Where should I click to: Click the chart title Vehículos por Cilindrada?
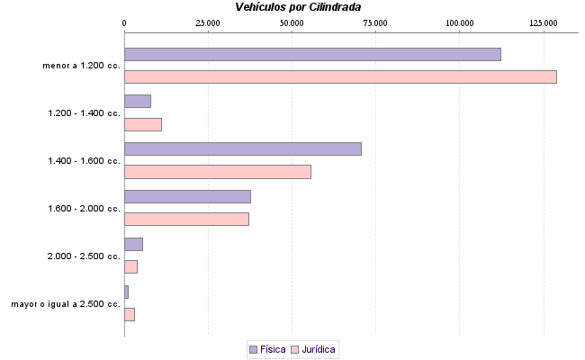point(298,7)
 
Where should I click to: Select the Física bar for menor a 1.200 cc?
point(312,54)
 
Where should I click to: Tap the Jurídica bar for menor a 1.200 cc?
point(340,76)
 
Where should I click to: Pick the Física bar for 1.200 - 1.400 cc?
point(138,101)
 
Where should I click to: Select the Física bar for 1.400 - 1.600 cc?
point(243,148)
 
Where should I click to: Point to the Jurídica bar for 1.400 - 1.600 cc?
point(218,172)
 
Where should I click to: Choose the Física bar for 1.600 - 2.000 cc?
point(187,196)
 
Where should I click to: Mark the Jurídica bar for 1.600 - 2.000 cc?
point(186,219)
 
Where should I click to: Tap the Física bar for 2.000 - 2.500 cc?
point(133,244)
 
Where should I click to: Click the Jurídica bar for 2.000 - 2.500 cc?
point(130,266)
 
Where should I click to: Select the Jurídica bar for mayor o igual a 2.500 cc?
point(130,314)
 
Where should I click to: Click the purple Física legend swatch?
point(253,348)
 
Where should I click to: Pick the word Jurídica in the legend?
point(319,348)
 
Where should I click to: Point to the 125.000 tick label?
point(544,22)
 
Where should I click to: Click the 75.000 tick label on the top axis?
point(375,22)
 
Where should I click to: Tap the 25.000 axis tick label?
point(208,22)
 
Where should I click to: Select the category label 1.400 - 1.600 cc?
point(84,161)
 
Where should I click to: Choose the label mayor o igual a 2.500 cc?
point(66,304)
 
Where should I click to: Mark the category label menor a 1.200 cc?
point(81,66)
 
